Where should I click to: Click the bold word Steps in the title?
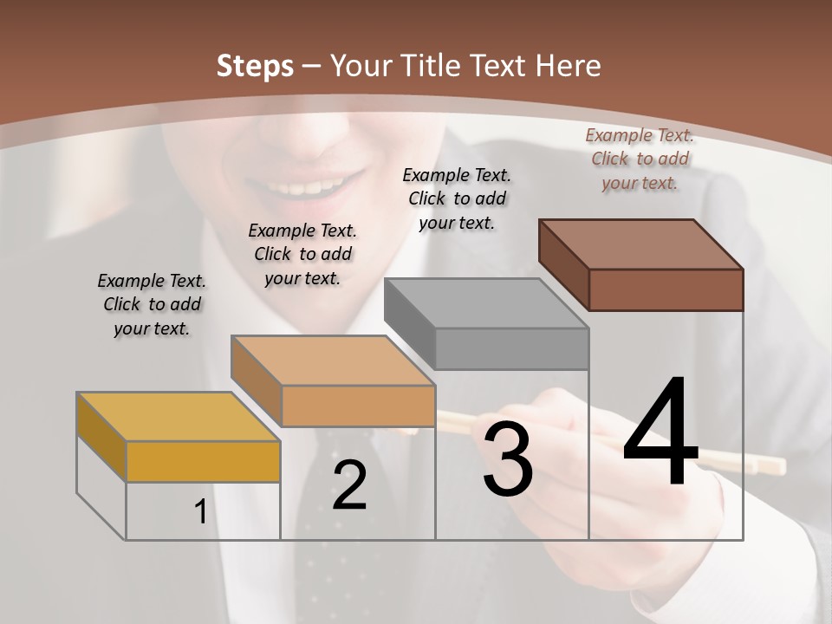click(x=254, y=66)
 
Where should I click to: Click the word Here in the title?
click(x=569, y=66)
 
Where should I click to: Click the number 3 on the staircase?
click(x=508, y=459)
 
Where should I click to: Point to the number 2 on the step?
click(x=349, y=485)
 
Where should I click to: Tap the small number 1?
click(x=201, y=512)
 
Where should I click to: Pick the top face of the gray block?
click(x=485, y=303)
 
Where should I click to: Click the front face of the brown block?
click(x=666, y=289)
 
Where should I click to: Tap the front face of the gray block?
click(x=511, y=349)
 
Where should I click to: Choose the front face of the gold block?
click(x=203, y=461)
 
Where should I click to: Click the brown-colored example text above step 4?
click(x=640, y=159)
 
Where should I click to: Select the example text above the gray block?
click(x=457, y=198)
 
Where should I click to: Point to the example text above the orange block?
click(x=302, y=254)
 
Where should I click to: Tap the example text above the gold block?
click(x=152, y=304)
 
